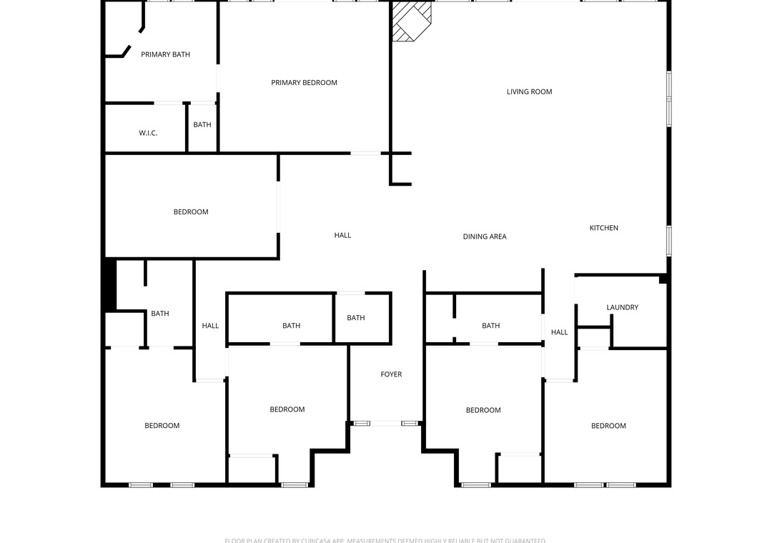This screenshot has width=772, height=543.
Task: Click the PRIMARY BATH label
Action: pyautogui.click(x=165, y=54)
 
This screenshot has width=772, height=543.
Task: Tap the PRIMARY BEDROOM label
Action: pyautogui.click(x=304, y=83)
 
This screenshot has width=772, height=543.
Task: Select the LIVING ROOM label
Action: pyautogui.click(x=529, y=91)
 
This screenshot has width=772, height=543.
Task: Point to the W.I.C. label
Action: pyautogui.click(x=148, y=134)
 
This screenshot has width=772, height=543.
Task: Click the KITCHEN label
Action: pyautogui.click(x=603, y=228)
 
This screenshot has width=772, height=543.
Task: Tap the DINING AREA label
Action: pyautogui.click(x=484, y=236)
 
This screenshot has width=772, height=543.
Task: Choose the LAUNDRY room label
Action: pyautogui.click(x=622, y=308)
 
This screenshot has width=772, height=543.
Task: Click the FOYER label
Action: pyautogui.click(x=391, y=374)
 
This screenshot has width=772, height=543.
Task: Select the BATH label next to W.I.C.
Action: pyautogui.click(x=202, y=125)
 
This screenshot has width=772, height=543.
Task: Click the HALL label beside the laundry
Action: pyautogui.click(x=559, y=332)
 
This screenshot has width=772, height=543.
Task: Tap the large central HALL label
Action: pyautogui.click(x=342, y=235)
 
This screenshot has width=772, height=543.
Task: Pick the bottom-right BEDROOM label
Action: pyautogui.click(x=608, y=426)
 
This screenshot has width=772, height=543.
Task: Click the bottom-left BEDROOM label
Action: pyautogui.click(x=162, y=426)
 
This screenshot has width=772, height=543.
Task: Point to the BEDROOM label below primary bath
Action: pyautogui.click(x=191, y=212)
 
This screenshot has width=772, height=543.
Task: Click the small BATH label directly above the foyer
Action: pyautogui.click(x=355, y=318)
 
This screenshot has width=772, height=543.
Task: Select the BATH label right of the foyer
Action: pyautogui.click(x=490, y=326)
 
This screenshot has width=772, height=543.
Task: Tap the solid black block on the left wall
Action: pyautogui.click(x=109, y=284)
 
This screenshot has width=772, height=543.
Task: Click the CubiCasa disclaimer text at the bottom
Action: pyautogui.click(x=385, y=540)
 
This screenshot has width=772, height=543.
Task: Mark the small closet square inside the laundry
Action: pyautogui.click(x=593, y=337)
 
